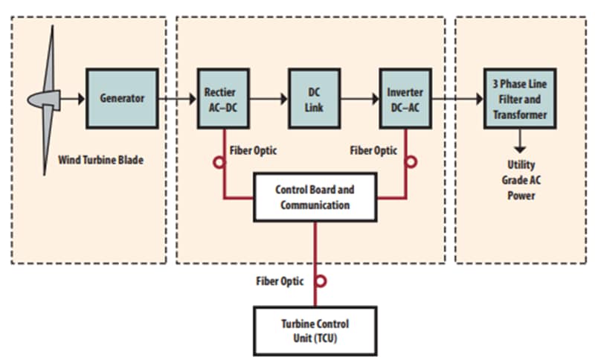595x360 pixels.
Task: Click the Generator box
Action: coord(122,97)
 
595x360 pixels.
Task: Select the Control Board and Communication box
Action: coord(315,197)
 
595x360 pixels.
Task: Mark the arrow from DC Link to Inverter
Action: coord(361,97)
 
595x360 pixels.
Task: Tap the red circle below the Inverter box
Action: coord(411,161)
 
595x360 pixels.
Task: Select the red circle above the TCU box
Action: coord(321,281)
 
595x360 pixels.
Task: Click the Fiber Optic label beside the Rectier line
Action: coord(253,150)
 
